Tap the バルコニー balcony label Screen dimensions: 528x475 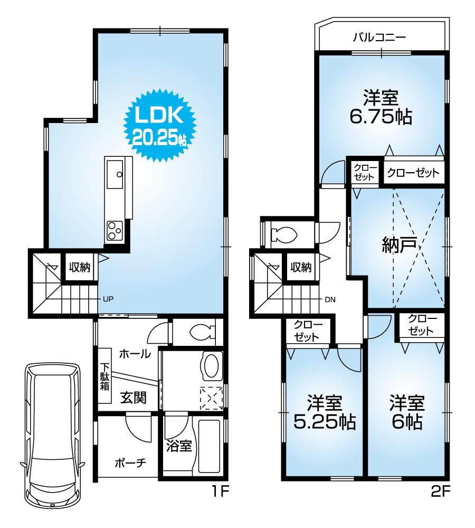378,38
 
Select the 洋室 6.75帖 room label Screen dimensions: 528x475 381,107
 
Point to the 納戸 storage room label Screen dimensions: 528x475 400,245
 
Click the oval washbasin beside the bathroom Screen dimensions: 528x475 212,366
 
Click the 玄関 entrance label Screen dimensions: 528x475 133,397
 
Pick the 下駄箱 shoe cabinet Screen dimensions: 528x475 104,376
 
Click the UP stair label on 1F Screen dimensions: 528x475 108,299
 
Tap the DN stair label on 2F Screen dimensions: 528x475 330,299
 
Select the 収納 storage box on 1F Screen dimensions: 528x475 79,267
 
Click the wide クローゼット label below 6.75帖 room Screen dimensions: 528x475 413,173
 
